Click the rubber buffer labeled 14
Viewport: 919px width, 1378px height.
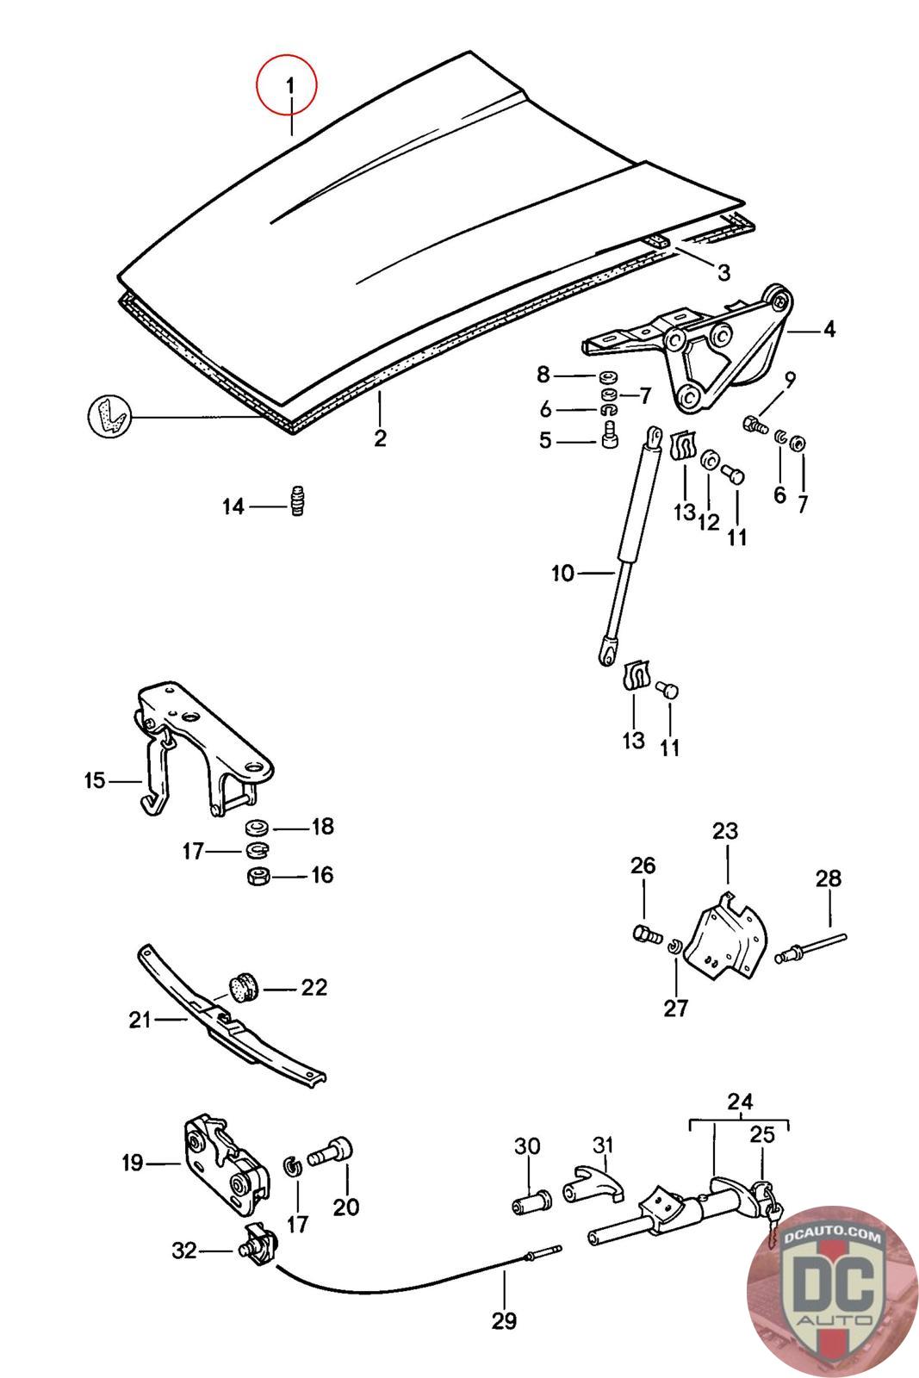click(x=298, y=502)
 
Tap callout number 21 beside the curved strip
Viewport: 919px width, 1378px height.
click(x=140, y=1021)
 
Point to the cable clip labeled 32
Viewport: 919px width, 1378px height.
click(x=258, y=1244)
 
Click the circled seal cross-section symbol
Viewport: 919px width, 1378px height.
click(x=109, y=416)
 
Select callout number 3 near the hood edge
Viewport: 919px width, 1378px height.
click(x=723, y=272)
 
